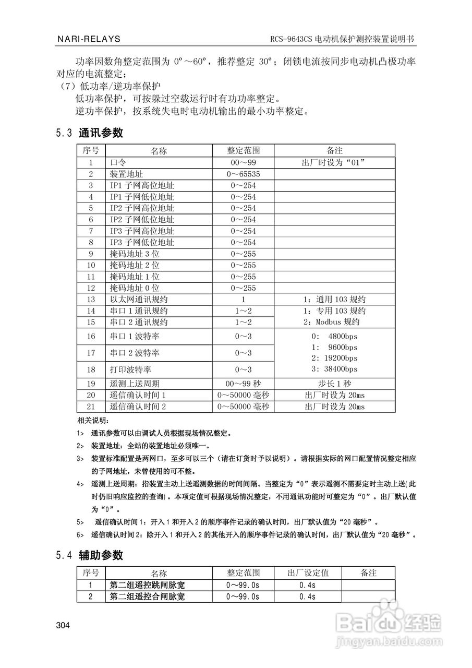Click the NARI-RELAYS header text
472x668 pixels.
click(88, 39)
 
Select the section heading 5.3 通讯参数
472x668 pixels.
click(90, 133)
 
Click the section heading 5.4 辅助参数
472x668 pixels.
click(90, 555)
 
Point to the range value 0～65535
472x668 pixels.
click(243, 174)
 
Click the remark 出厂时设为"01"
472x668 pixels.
click(334, 162)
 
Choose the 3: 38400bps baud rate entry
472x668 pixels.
click(334, 369)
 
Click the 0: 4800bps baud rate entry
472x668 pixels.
click(334, 336)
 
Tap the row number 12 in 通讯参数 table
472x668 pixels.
click(91, 288)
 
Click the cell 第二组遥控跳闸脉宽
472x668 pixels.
click(147, 585)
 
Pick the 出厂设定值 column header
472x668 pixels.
click(308, 573)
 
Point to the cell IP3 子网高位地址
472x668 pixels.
click(142, 231)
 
